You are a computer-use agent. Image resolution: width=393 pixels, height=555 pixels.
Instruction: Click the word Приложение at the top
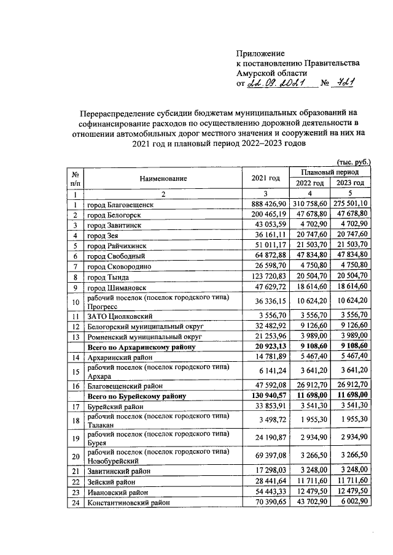(x=260, y=53)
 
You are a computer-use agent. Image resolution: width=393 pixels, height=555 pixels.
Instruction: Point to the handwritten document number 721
(x=348, y=83)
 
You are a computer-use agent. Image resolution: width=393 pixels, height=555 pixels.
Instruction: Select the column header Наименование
(x=163, y=178)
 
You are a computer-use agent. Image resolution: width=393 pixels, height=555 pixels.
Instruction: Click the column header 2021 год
(x=266, y=178)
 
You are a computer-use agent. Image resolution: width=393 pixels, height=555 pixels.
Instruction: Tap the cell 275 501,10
(x=348, y=204)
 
